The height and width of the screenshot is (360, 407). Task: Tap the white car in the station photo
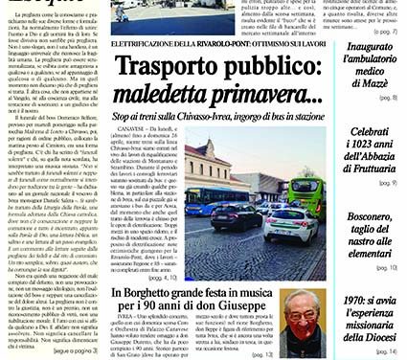[x=287, y=223]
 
